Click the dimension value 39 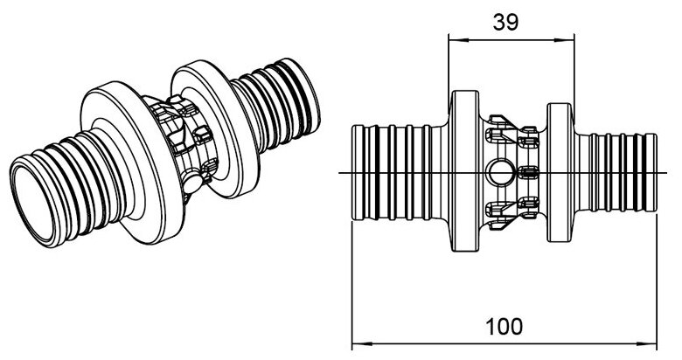[505, 22]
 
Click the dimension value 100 [505, 327]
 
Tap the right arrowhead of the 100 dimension [651, 341]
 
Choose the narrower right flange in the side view [560, 172]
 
